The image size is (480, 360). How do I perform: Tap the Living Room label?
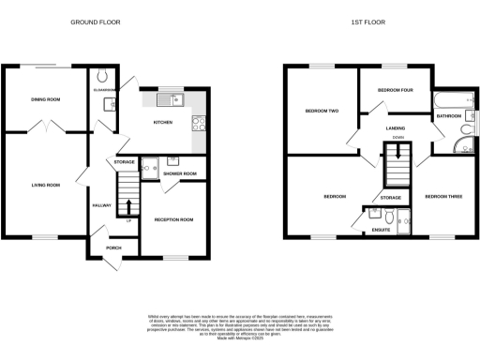click(44, 186)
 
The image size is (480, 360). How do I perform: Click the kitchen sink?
click(172, 98)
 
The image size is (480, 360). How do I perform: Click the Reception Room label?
click(173, 219)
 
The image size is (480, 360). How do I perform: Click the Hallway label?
click(101, 205)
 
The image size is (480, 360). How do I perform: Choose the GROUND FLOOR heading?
click(96, 22)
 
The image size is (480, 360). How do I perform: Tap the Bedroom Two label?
click(322, 112)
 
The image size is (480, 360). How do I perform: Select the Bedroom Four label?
click(395, 90)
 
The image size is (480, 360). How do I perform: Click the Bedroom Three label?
click(442, 197)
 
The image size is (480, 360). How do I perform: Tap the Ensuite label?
click(381, 229)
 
